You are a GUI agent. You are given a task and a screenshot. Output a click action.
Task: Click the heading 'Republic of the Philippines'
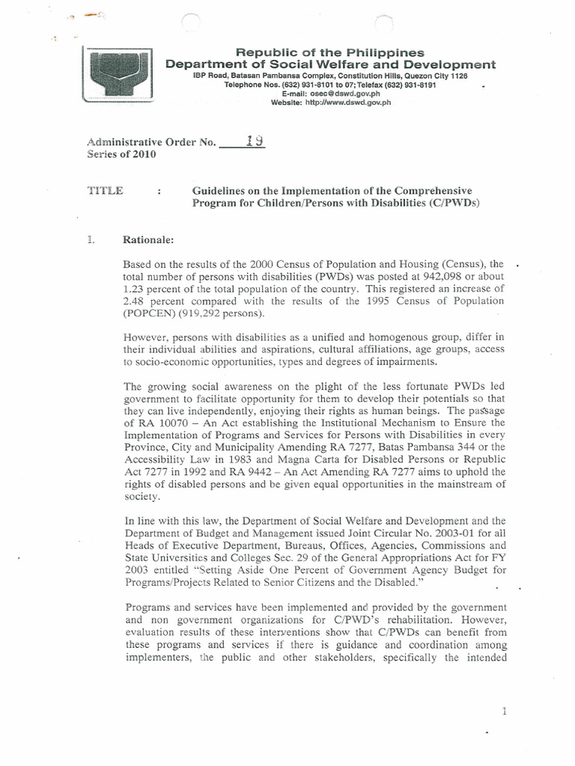click(x=330, y=52)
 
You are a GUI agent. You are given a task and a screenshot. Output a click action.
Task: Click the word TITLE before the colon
click(x=106, y=191)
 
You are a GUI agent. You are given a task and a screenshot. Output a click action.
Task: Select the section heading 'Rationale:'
click(x=148, y=239)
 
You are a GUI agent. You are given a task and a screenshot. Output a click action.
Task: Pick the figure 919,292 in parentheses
click(x=228, y=313)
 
